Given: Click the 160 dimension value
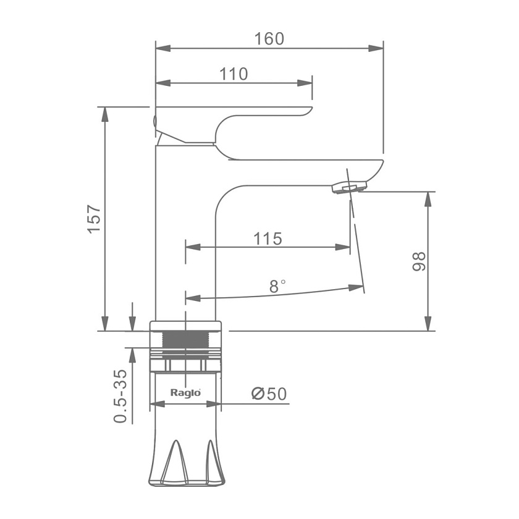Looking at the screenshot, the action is [269, 39].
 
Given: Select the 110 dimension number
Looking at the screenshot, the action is [234, 74].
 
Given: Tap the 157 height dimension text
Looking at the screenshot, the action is [95, 219].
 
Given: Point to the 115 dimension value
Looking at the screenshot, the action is [268, 238].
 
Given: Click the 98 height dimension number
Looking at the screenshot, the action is [419, 261].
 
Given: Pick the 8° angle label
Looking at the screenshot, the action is [277, 286].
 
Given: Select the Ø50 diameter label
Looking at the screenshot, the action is [269, 394].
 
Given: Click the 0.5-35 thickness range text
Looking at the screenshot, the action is [120, 396].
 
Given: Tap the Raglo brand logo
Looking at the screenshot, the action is [185, 393].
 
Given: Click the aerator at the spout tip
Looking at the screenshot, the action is [350, 188].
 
